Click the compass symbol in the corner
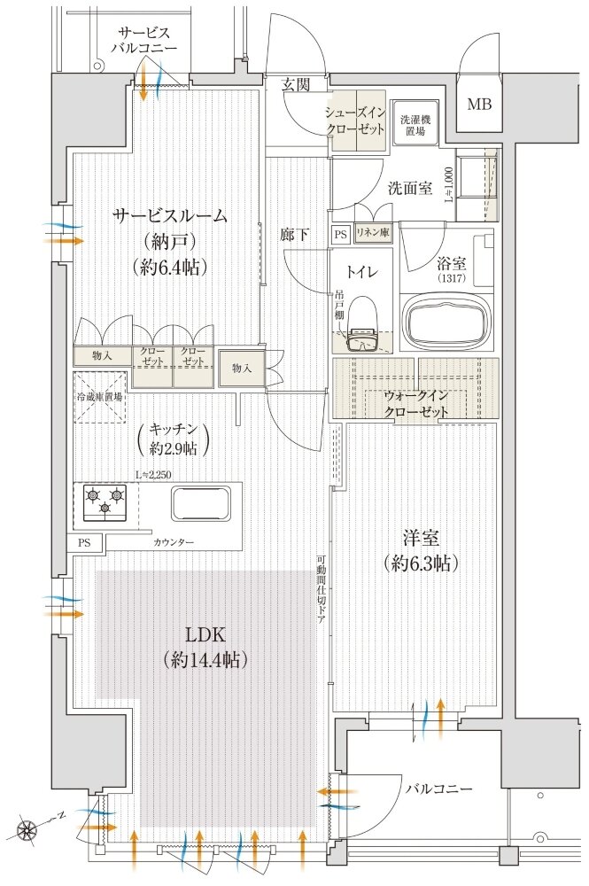[28, 831]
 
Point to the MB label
[478, 105]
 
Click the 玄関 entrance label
[295, 84]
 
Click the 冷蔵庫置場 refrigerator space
[99, 398]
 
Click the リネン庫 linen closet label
[374, 234]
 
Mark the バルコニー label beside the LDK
[439, 789]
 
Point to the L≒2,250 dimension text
[155, 475]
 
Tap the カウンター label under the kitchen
[174, 541]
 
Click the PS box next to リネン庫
[341, 234]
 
